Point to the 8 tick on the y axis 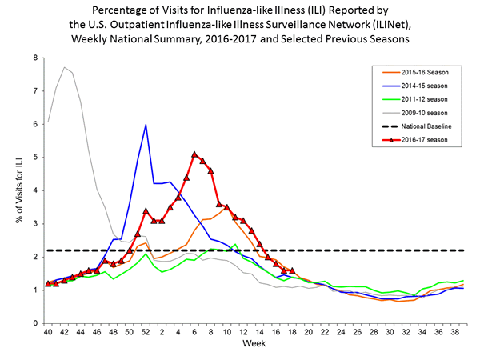click(x=34, y=58)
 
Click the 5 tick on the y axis click(x=34, y=158)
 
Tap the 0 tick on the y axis click(x=34, y=323)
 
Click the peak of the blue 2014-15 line click(x=146, y=125)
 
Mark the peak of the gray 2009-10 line click(x=64, y=67)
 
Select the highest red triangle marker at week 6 click(x=194, y=154)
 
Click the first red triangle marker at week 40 click(x=48, y=283)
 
